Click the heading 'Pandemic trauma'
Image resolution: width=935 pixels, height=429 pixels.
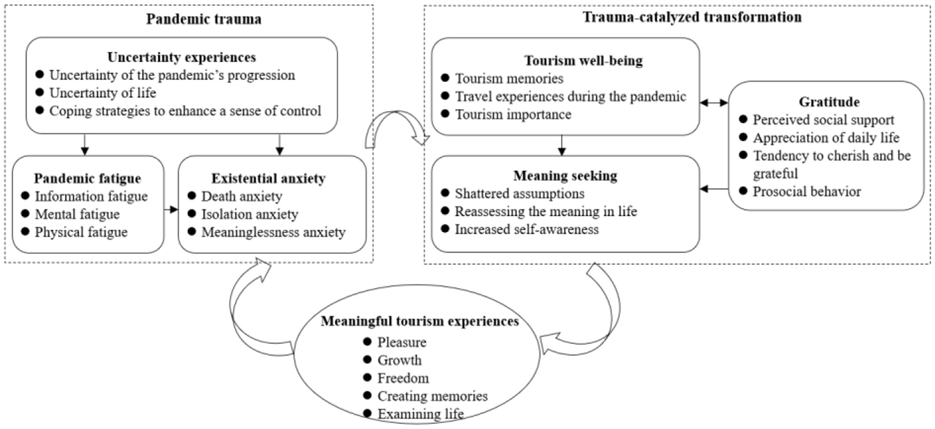[x=204, y=19]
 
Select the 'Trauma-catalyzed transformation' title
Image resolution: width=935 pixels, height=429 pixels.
[x=692, y=17]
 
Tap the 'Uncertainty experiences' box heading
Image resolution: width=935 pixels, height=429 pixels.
[x=182, y=57]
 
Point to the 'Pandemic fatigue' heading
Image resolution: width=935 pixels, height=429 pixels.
[x=88, y=178]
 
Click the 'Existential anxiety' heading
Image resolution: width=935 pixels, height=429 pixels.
[x=268, y=178]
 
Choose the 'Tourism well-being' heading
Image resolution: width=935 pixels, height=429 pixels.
[x=584, y=61]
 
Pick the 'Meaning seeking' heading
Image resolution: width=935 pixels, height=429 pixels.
[x=565, y=176]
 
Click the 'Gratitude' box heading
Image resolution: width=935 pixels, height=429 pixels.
[x=829, y=102]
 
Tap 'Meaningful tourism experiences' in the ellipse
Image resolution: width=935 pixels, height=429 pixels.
[x=419, y=321]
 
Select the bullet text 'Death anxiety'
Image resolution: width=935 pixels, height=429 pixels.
[x=242, y=196]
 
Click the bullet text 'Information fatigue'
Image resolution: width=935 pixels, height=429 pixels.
[x=91, y=196]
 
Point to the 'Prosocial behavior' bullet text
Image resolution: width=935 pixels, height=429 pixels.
[x=806, y=192]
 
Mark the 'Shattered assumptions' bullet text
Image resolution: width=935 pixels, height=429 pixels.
[x=520, y=194]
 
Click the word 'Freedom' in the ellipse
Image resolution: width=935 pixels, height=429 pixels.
[x=403, y=378]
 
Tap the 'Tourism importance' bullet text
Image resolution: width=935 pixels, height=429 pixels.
[x=513, y=115]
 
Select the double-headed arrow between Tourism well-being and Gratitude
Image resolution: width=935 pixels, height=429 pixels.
[x=714, y=103]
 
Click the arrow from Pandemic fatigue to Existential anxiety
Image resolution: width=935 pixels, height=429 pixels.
[x=171, y=210]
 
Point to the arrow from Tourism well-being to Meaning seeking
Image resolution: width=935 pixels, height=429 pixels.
[x=561, y=145]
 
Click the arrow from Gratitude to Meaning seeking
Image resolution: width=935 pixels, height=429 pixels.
[x=714, y=189]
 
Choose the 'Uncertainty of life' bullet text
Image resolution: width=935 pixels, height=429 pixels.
[x=103, y=93]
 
